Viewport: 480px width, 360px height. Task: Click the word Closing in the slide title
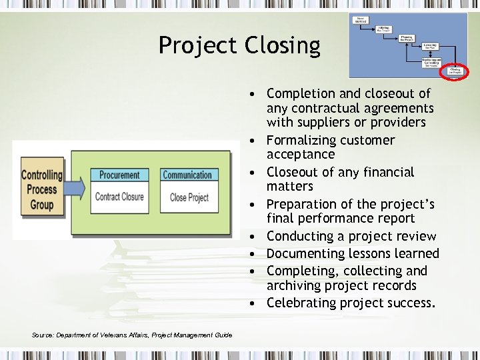(283, 45)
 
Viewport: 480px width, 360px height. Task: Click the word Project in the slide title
(197, 45)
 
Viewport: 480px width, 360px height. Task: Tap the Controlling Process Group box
(41, 189)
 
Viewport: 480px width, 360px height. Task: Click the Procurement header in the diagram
(119, 175)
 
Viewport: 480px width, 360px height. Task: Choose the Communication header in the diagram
(187, 175)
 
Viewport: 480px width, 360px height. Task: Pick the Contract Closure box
(119, 197)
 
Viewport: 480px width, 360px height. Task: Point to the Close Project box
(189, 197)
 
